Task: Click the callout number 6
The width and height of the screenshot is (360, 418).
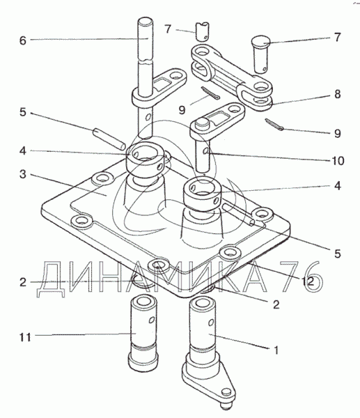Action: pos(23,41)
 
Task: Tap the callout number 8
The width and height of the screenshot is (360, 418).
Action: pos(337,94)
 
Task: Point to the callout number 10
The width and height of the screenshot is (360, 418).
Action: pos(337,161)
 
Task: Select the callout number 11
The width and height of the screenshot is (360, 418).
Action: pos(25,337)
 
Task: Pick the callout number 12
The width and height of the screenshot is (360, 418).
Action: pos(308,281)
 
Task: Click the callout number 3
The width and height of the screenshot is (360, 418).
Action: pos(23,174)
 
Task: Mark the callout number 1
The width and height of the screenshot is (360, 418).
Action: pos(276,350)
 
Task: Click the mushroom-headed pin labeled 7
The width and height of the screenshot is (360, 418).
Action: pos(260,55)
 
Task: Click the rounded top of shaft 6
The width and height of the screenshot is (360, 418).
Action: pos(146,20)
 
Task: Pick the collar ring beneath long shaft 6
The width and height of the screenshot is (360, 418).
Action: pos(146,158)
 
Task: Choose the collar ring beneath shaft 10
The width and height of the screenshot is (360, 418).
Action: pos(202,195)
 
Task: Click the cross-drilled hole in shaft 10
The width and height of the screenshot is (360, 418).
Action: pos(206,151)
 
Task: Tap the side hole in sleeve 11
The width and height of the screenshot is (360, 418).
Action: pos(152,319)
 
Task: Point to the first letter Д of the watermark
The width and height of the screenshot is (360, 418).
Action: pos(51,279)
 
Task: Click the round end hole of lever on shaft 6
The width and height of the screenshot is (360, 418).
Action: pos(176,76)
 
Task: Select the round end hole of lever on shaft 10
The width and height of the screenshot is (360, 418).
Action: pos(234,109)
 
